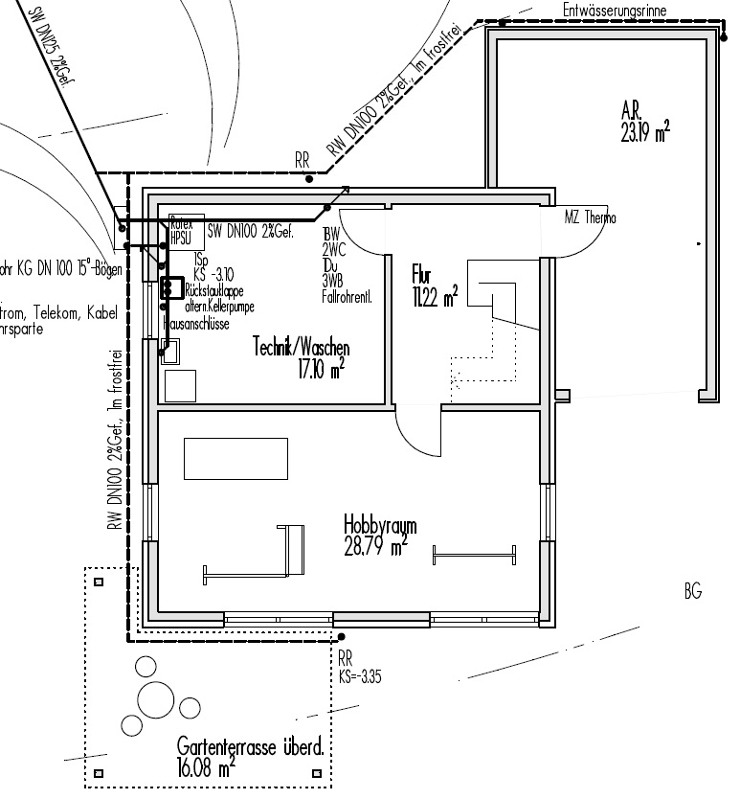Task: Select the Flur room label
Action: pos(421,270)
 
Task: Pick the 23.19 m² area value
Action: pos(644,134)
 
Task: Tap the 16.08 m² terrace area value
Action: pos(206,767)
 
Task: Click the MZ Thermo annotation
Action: pos(590,218)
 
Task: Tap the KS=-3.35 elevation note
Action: pos(360,675)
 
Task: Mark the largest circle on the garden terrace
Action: pos(157,698)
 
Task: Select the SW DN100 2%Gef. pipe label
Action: pos(249,231)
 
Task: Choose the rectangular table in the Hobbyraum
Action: pos(235,457)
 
